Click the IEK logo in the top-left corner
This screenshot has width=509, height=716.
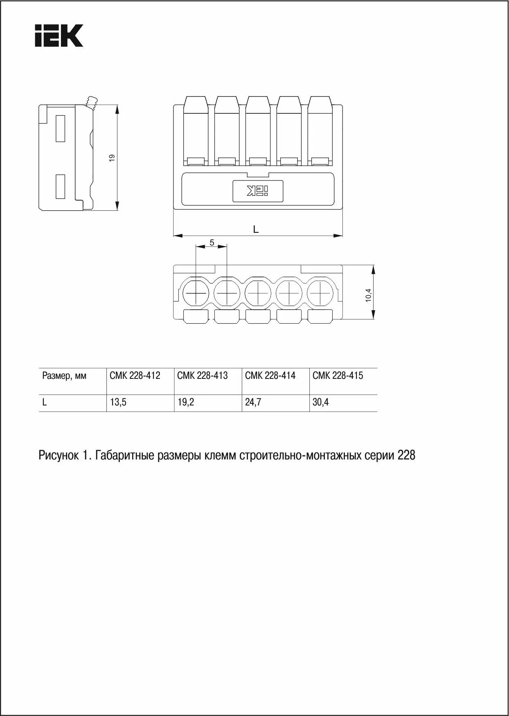coord(59,36)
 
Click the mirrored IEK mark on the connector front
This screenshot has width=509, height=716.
coord(258,191)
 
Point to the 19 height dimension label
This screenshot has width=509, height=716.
coord(112,157)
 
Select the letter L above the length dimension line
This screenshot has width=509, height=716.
coord(256,230)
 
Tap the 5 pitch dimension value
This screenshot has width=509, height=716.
coord(212,243)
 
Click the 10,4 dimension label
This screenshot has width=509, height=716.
coord(368,295)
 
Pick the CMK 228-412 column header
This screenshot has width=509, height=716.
coord(135,375)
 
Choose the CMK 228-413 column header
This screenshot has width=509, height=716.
coord(203,375)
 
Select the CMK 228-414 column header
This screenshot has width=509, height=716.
coord(270,375)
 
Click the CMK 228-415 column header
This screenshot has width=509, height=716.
coord(338,375)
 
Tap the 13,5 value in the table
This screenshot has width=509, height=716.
coord(118,402)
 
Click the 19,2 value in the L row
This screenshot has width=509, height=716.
coord(186,402)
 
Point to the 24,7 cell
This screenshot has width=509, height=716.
coord(253,402)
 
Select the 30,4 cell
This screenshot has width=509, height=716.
coord(321,402)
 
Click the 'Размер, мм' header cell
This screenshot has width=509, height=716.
coord(64,376)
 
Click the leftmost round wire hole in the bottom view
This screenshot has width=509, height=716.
coord(196,293)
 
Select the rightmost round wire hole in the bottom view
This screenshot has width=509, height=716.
coord(320,293)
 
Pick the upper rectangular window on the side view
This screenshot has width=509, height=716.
coord(61,128)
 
